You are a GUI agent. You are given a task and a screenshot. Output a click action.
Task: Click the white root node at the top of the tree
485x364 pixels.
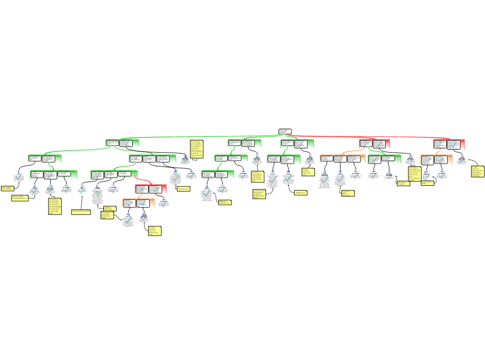coord(285,131)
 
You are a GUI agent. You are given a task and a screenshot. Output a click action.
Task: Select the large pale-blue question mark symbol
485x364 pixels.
coord(98,193)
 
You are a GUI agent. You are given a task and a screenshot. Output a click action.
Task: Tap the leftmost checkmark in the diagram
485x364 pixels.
coord(19,176)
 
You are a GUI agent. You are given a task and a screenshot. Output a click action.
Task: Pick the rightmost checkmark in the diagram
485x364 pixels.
coord(462,159)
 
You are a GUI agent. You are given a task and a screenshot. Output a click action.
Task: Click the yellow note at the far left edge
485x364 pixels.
coord(7,189)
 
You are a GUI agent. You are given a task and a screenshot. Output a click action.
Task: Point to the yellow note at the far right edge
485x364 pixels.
coord(477,171)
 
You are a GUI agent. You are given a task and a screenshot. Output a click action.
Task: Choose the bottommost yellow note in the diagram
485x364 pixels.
coord(154,230)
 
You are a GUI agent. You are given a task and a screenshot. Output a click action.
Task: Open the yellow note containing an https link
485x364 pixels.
coord(81,212)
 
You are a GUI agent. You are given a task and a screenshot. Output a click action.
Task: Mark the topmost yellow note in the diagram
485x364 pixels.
coord(197,148)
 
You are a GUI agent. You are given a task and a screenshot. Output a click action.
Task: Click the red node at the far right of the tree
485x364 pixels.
coord(449,144)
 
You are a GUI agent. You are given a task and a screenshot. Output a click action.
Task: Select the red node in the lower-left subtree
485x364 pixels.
coord(151,189)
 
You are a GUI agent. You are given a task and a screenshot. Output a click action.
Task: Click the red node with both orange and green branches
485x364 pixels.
coord(374,144)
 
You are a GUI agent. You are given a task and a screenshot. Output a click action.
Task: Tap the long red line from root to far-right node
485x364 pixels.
coord(369,136)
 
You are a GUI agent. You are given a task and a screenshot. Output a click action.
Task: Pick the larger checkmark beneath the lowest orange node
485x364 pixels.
coord(128,220)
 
